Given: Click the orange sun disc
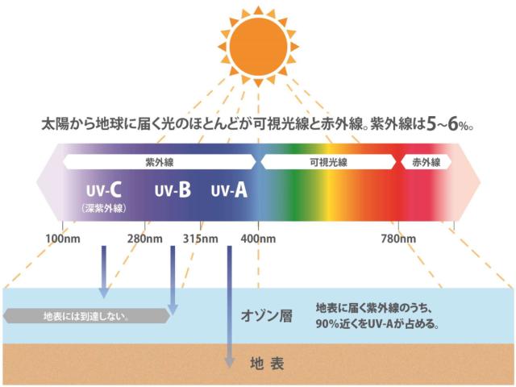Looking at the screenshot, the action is tap(258, 47).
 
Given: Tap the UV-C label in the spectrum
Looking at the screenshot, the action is tap(104, 190).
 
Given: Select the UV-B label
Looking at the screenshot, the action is tap(173, 190).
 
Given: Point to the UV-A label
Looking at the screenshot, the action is tap(229, 190).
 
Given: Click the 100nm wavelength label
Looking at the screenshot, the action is tap(63, 239).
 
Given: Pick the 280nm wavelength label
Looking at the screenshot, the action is tap(145, 239).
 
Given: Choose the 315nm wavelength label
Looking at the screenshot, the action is tap(201, 239).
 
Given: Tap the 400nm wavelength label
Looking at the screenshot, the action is tap(258, 239).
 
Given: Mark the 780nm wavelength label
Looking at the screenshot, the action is tap(398, 239).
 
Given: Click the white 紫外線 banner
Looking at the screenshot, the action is tap(160, 162).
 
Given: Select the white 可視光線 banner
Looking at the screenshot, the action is tap(328, 162).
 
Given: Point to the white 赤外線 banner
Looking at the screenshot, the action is tap(427, 162).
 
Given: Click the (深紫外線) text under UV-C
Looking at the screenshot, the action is tap(104, 208).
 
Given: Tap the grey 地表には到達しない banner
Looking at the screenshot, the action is tap(86, 316).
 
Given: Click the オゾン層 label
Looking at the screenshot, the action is tap(267, 316).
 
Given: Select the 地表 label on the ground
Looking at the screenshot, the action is tap(267, 364).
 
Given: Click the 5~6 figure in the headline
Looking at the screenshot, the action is tap(442, 124).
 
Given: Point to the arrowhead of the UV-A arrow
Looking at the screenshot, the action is tap(229, 362).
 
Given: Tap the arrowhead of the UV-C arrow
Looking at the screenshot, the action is tap(104, 292).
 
